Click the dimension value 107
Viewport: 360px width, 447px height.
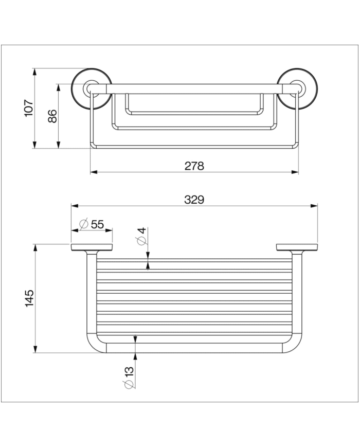pyautogui.click(x=29, y=109)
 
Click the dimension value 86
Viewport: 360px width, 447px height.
pyautogui.click(x=52, y=116)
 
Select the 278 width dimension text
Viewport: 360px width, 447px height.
pyautogui.click(x=194, y=166)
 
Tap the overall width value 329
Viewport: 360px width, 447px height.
pyautogui.click(x=194, y=200)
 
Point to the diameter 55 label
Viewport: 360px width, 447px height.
pyautogui.click(x=92, y=224)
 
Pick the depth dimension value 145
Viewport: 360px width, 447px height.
pyautogui.click(x=29, y=299)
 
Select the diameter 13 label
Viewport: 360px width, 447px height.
pyautogui.click(x=129, y=377)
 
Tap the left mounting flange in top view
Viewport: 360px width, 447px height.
pyautogui.click(x=92, y=247)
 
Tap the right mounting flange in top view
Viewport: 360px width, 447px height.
pyautogui.click(x=297, y=247)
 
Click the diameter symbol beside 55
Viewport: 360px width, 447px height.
pyautogui.click(x=82, y=224)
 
